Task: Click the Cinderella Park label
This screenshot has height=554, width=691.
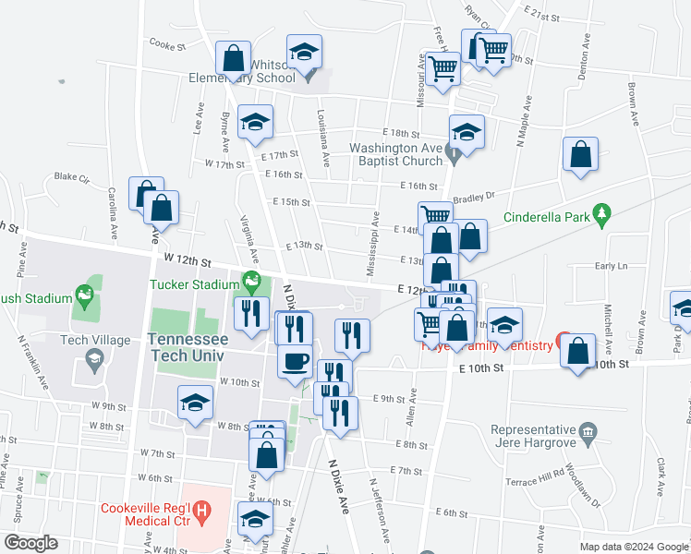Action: [x=545, y=219]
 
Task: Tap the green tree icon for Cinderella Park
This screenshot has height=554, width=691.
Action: [x=602, y=213]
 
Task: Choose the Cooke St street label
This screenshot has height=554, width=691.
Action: [x=168, y=43]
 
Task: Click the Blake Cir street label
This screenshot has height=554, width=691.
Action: [x=70, y=176]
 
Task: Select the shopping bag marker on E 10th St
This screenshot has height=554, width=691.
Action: [x=578, y=351]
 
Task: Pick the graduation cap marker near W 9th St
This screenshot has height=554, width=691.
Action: [x=196, y=403]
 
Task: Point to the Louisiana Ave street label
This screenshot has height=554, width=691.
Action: [x=325, y=138]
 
